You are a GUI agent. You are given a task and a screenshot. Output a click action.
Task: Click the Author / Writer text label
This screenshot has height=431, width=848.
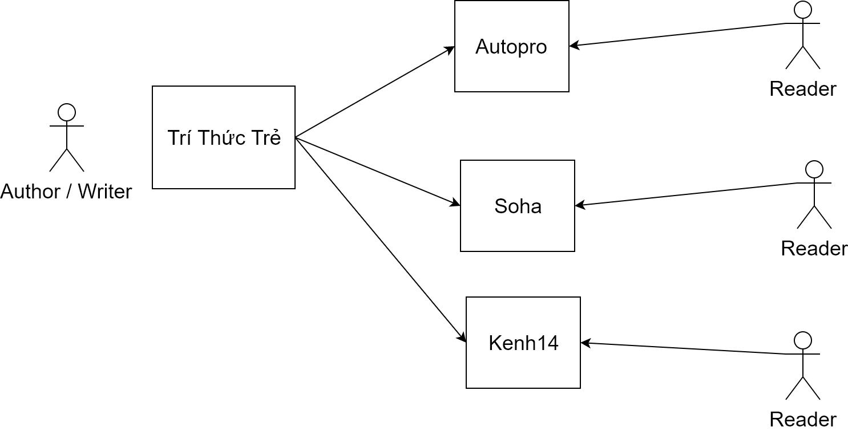pos(66,192)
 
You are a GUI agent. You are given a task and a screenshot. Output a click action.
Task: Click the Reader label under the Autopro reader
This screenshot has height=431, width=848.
pos(802,89)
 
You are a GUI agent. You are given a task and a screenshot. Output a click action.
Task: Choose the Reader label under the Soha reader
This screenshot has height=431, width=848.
pos(814,249)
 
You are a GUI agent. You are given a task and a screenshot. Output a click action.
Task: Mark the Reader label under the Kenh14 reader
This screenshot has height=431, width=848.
pos(802,419)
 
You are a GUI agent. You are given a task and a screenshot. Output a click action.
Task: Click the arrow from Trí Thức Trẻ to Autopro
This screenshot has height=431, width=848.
pos(375,92)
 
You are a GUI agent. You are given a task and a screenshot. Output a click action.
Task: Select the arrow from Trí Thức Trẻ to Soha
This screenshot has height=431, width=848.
pos(378,172)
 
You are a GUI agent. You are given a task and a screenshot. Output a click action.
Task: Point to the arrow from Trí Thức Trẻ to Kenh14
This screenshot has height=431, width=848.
pos(381,239)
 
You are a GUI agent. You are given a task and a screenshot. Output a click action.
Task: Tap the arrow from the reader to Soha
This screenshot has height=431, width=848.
pos(685,194)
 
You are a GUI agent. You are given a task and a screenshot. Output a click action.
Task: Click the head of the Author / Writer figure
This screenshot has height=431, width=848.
pos(67,112)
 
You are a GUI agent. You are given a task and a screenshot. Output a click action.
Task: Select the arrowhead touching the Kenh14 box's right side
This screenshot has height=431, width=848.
pos(585,343)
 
